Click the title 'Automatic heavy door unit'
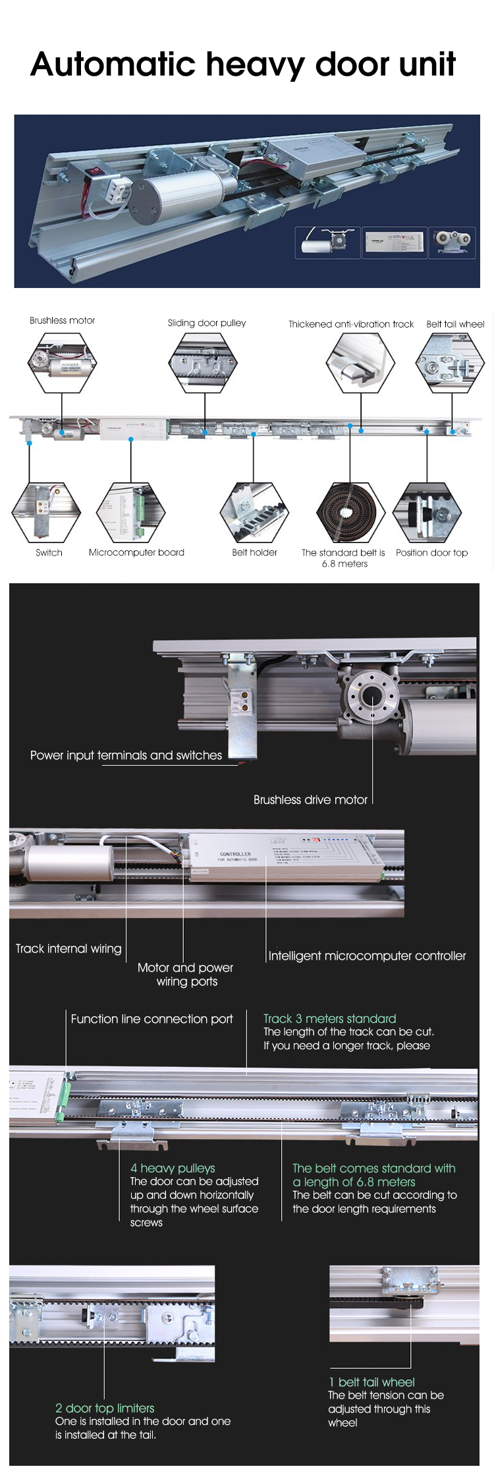(x=242, y=65)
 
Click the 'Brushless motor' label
(x=62, y=320)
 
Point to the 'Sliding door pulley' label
(x=206, y=323)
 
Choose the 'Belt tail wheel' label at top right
(x=454, y=324)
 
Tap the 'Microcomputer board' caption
(x=136, y=552)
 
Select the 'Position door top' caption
(x=431, y=552)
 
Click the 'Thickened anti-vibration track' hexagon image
(x=360, y=362)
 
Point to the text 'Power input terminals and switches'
(x=126, y=755)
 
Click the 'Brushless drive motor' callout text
(x=310, y=799)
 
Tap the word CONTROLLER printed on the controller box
(x=235, y=854)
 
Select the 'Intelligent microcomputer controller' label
(x=367, y=956)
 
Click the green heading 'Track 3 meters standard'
(x=329, y=1018)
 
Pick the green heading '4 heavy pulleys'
(x=173, y=1168)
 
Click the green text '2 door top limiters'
(x=105, y=1408)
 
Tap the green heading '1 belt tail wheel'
(x=371, y=1382)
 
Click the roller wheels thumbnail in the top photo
(x=451, y=242)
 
